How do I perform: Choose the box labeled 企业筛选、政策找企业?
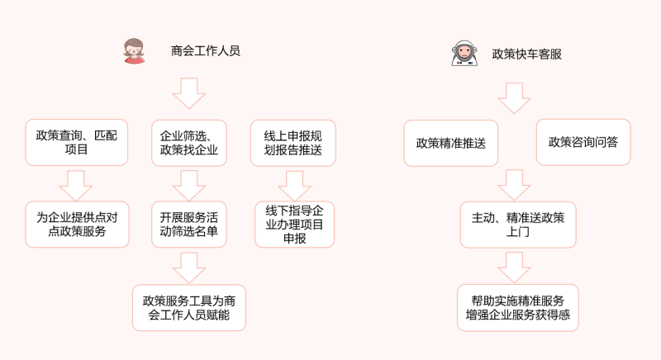click(x=189, y=142)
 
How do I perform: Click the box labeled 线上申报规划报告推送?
click(x=293, y=142)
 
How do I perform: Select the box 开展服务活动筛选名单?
click(x=189, y=224)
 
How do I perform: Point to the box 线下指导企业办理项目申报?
click(x=294, y=224)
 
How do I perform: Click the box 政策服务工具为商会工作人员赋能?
click(x=189, y=307)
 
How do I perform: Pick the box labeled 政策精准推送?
click(x=450, y=142)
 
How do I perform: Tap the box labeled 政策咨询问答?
click(x=583, y=142)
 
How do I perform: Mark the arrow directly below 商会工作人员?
click(x=189, y=93)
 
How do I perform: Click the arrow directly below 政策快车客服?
click(x=514, y=97)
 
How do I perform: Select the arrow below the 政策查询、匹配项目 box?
click(x=75, y=183)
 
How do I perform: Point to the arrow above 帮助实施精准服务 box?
click(x=514, y=266)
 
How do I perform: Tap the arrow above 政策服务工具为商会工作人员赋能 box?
click(x=189, y=266)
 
